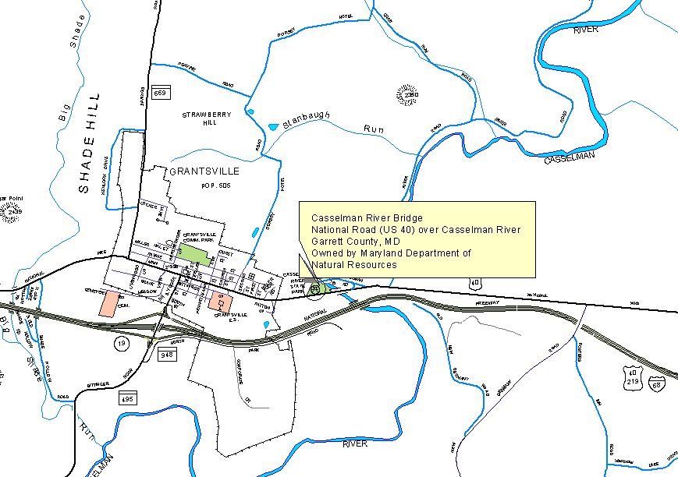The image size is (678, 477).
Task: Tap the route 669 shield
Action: click(161, 93)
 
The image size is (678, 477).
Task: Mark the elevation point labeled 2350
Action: click(406, 95)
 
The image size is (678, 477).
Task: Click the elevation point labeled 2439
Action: click(11, 211)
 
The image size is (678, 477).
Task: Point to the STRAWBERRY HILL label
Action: click(207, 118)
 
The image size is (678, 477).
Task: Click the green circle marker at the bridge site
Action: click(316, 288)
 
